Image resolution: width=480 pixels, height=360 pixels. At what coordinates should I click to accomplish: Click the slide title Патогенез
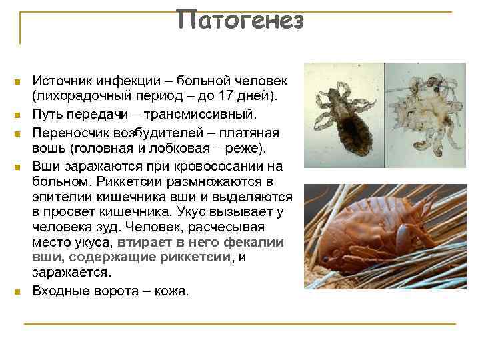[x=240, y=21]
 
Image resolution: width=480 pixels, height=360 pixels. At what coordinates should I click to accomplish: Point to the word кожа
[x=172, y=291]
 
